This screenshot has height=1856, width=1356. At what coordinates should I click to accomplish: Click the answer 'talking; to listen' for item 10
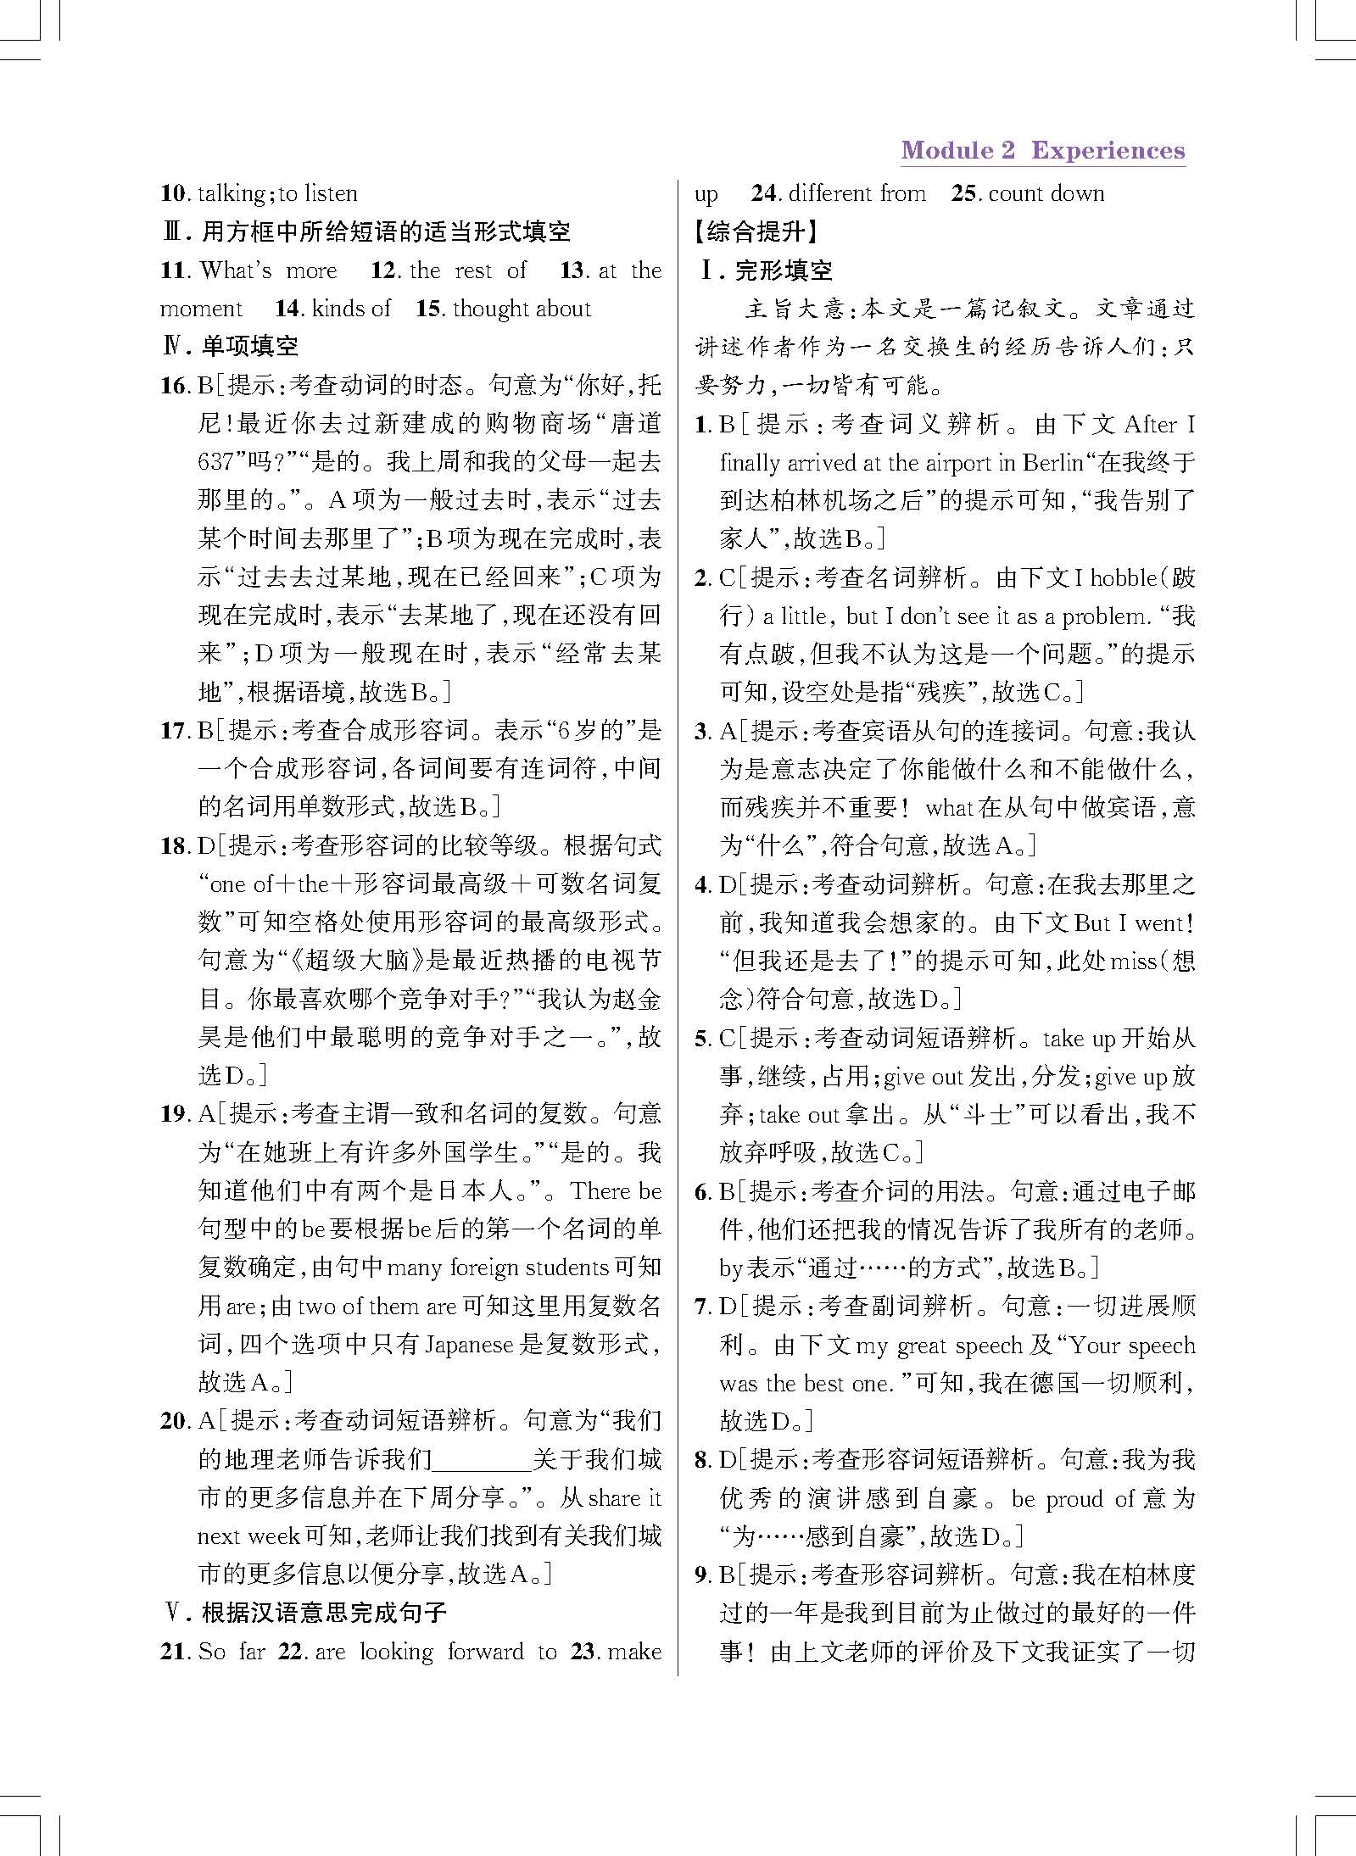click(x=277, y=193)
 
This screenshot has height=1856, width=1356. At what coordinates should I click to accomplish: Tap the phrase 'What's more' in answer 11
click(x=268, y=270)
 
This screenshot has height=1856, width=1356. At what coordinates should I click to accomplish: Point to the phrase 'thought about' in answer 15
click(x=522, y=309)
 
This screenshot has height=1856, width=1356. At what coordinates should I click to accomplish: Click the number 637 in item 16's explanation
click(x=215, y=462)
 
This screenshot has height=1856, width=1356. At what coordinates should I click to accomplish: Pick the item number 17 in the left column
click(x=173, y=731)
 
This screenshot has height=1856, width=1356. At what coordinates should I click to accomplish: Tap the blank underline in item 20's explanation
click(x=482, y=1461)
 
